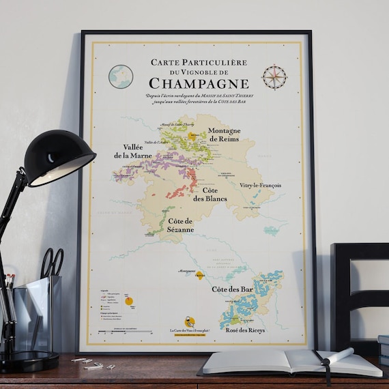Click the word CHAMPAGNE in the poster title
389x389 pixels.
[x=198, y=83]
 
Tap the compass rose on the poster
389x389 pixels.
[x=275, y=76]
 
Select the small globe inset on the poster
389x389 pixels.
[x=121, y=76]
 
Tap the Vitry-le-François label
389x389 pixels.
[x=261, y=185]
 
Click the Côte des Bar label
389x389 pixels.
[x=232, y=290]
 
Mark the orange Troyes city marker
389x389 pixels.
[x=200, y=276]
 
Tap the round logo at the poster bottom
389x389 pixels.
[x=190, y=321]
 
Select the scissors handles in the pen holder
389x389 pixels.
[x=52, y=262]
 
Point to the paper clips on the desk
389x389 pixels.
[x=90, y=363]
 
